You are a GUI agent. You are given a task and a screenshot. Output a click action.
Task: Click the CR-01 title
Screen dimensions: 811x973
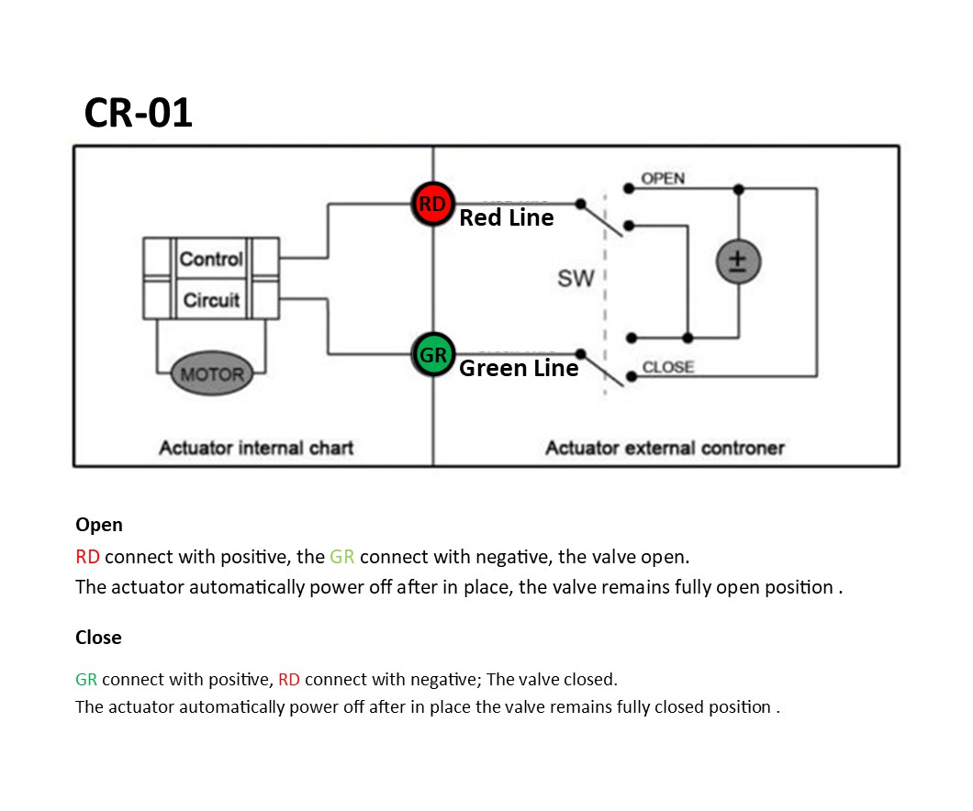coord(139,113)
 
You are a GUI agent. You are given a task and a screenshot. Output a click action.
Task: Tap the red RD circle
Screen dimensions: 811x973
coord(432,205)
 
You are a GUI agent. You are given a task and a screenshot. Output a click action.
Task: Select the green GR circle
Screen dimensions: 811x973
coord(432,355)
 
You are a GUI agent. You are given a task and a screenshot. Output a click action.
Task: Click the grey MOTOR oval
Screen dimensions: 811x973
coord(212,374)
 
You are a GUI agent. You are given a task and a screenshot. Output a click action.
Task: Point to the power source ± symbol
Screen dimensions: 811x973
coord(738,262)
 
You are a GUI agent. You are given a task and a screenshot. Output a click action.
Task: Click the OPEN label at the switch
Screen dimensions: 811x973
coord(663,178)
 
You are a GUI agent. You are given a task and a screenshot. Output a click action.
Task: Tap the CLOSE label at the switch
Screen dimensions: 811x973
coord(667,367)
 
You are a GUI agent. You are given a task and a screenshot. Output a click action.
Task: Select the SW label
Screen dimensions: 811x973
coord(576,278)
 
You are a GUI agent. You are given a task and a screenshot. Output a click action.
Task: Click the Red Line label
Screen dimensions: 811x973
coord(507,218)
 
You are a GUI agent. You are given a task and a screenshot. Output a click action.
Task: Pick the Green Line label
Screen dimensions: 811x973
coord(519,369)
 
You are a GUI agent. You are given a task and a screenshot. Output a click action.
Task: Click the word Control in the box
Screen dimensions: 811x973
coord(211,259)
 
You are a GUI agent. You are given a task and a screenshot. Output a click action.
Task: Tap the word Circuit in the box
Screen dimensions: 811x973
coord(211,300)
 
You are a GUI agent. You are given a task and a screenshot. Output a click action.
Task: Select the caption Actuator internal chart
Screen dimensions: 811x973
coord(256,448)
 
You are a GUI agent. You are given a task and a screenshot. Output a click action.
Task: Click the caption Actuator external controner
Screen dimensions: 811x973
coord(665,448)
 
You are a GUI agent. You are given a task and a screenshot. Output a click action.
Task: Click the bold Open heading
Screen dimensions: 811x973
coord(99,525)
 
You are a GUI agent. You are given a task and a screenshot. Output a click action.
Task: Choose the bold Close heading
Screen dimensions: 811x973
coord(98,637)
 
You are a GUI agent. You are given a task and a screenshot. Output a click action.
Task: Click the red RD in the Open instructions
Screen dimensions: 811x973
coord(88,557)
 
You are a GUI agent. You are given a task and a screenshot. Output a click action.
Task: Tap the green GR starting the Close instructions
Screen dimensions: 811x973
coord(86,680)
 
